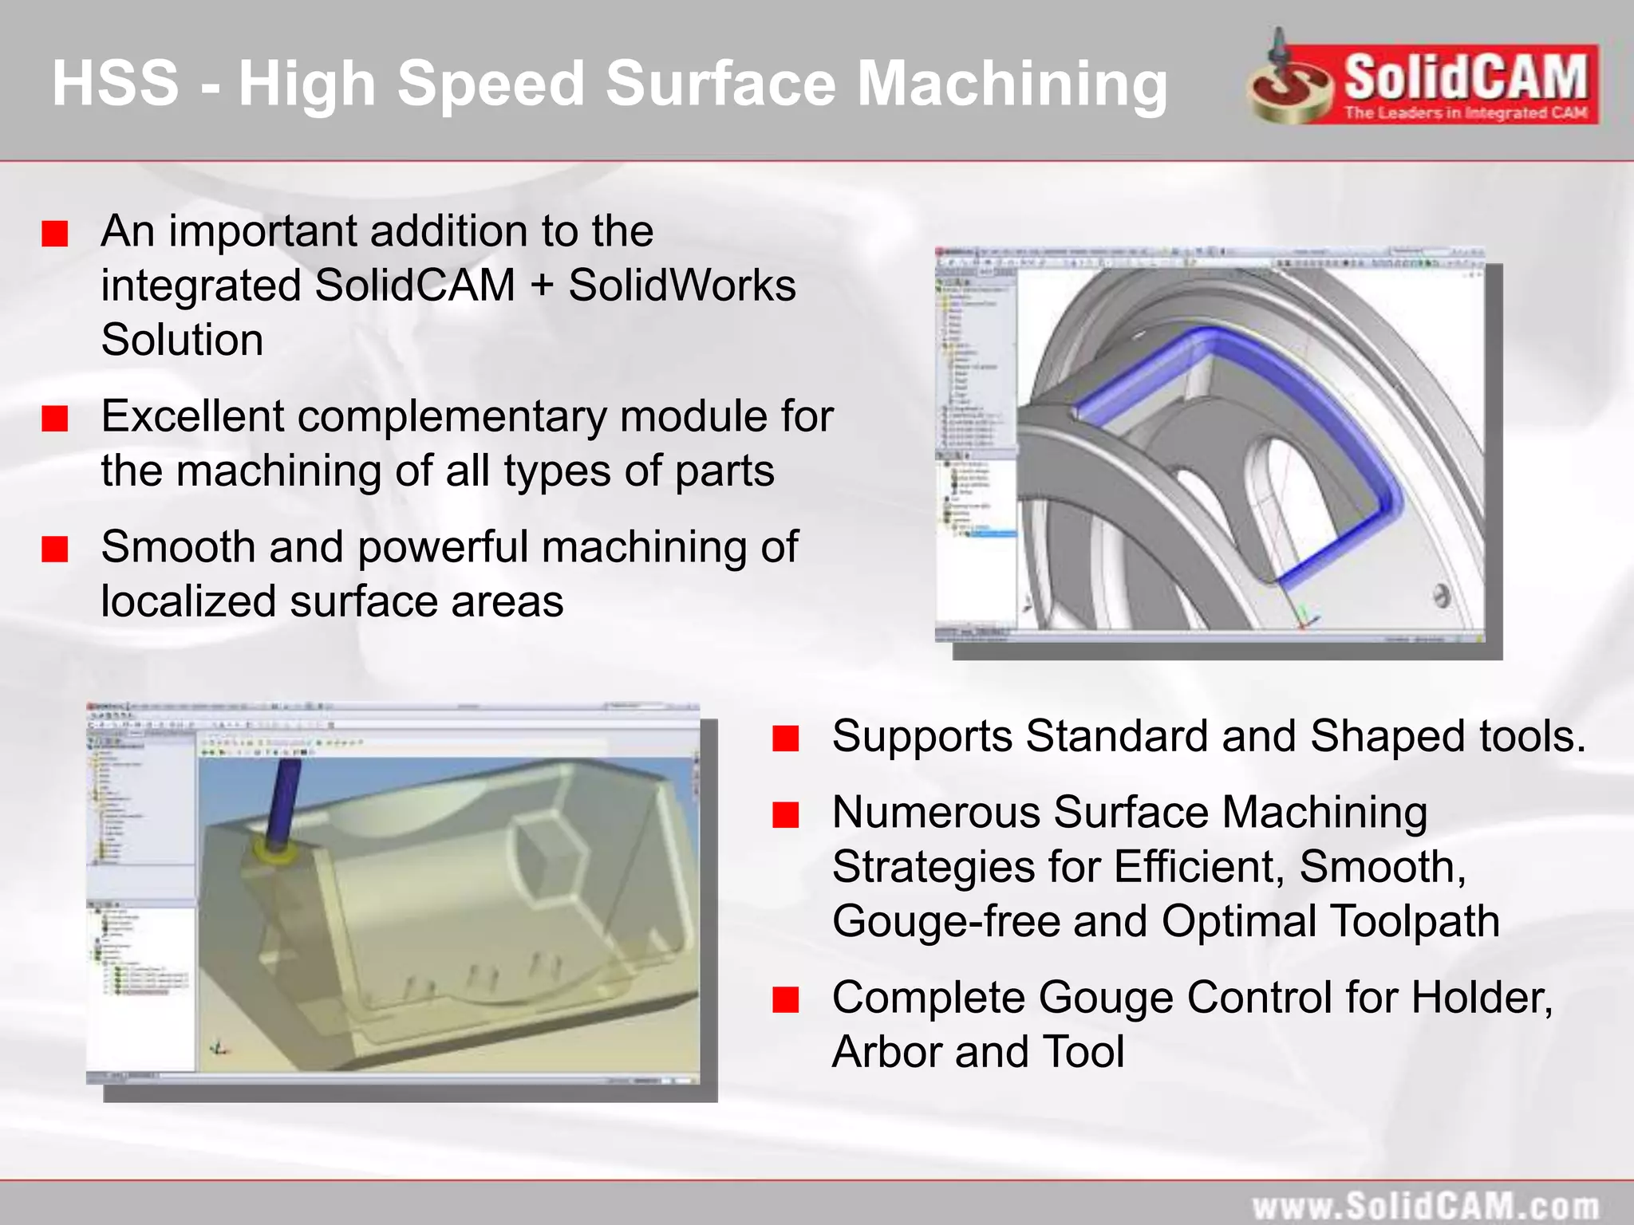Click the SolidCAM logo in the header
(x=1424, y=83)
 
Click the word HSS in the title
(x=115, y=83)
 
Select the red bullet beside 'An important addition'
(x=55, y=234)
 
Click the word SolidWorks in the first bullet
(x=681, y=286)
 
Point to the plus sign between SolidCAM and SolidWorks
(x=542, y=286)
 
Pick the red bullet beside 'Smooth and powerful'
(x=55, y=549)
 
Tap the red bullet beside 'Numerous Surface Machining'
(x=786, y=815)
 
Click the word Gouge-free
(x=946, y=922)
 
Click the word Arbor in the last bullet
(x=886, y=1052)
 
